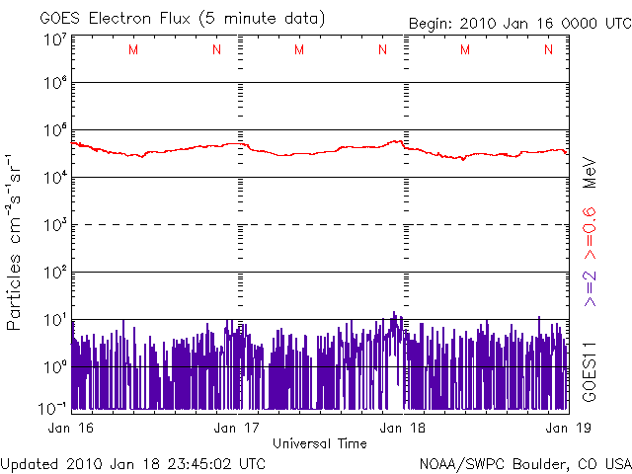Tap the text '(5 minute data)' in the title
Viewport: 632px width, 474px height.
(x=267, y=19)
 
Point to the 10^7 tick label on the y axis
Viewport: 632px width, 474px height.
(x=54, y=39)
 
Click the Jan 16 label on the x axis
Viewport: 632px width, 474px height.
(x=71, y=428)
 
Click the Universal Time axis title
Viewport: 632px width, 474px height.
(x=320, y=443)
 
